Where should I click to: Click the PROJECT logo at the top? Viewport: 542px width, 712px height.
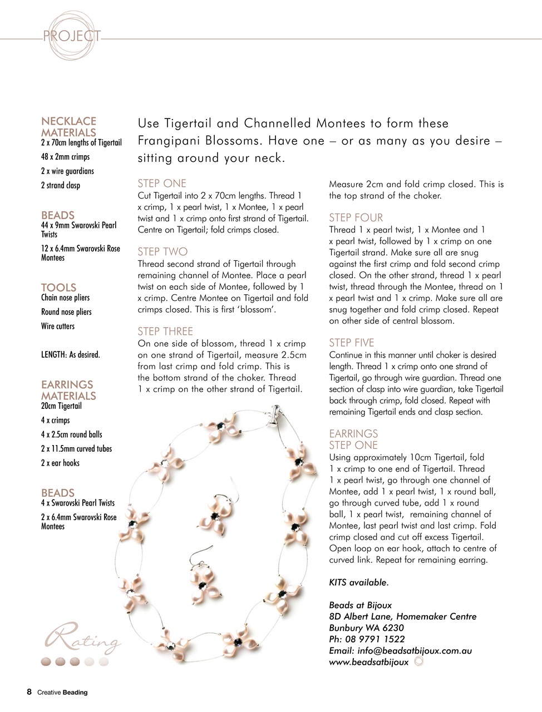[x=72, y=37]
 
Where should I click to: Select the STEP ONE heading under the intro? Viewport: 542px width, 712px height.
[x=162, y=184]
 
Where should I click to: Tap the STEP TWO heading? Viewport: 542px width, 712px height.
[x=162, y=252]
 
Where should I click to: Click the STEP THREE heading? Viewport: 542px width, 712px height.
[x=165, y=332]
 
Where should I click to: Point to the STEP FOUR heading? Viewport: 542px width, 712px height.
[x=356, y=217]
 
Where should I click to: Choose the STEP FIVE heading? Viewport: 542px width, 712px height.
[x=351, y=343]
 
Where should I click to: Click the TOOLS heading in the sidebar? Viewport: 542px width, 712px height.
[x=58, y=287]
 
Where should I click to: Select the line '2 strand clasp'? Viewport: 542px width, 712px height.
[x=60, y=185]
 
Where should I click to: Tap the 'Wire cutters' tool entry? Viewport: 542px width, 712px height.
[x=57, y=326]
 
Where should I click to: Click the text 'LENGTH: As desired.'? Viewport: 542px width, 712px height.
[x=70, y=354]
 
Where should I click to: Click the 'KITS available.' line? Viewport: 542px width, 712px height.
[x=358, y=582]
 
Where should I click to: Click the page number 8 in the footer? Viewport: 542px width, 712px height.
[x=29, y=692]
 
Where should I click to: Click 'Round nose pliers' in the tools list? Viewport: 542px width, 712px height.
[x=66, y=312]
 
